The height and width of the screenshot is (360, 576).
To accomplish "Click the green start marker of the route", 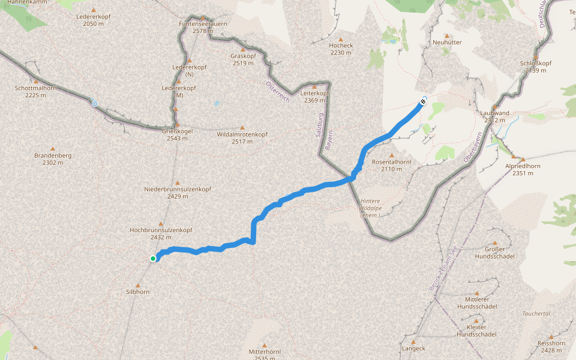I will (x=154, y=259).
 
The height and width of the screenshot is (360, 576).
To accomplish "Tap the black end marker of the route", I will (x=423, y=102).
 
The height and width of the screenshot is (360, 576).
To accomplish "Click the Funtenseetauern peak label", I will (x=203, y=26).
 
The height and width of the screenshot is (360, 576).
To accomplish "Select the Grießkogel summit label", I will (x=177, y=134).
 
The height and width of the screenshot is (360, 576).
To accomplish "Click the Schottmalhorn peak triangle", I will (x=36, y=81).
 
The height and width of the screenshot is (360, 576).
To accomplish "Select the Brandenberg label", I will (x=53, y=159).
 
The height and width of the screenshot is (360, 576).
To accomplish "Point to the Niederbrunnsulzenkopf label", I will (x=178, y=193).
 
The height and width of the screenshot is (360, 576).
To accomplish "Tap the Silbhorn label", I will (x=138, y=292).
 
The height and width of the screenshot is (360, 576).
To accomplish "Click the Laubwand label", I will (x=495, y=116).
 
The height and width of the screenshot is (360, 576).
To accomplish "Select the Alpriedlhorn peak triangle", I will (x=514, y=157).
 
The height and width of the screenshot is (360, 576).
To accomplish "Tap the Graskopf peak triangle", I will (x=243, y=49).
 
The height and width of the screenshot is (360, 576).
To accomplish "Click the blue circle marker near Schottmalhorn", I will (x=94, y=103).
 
